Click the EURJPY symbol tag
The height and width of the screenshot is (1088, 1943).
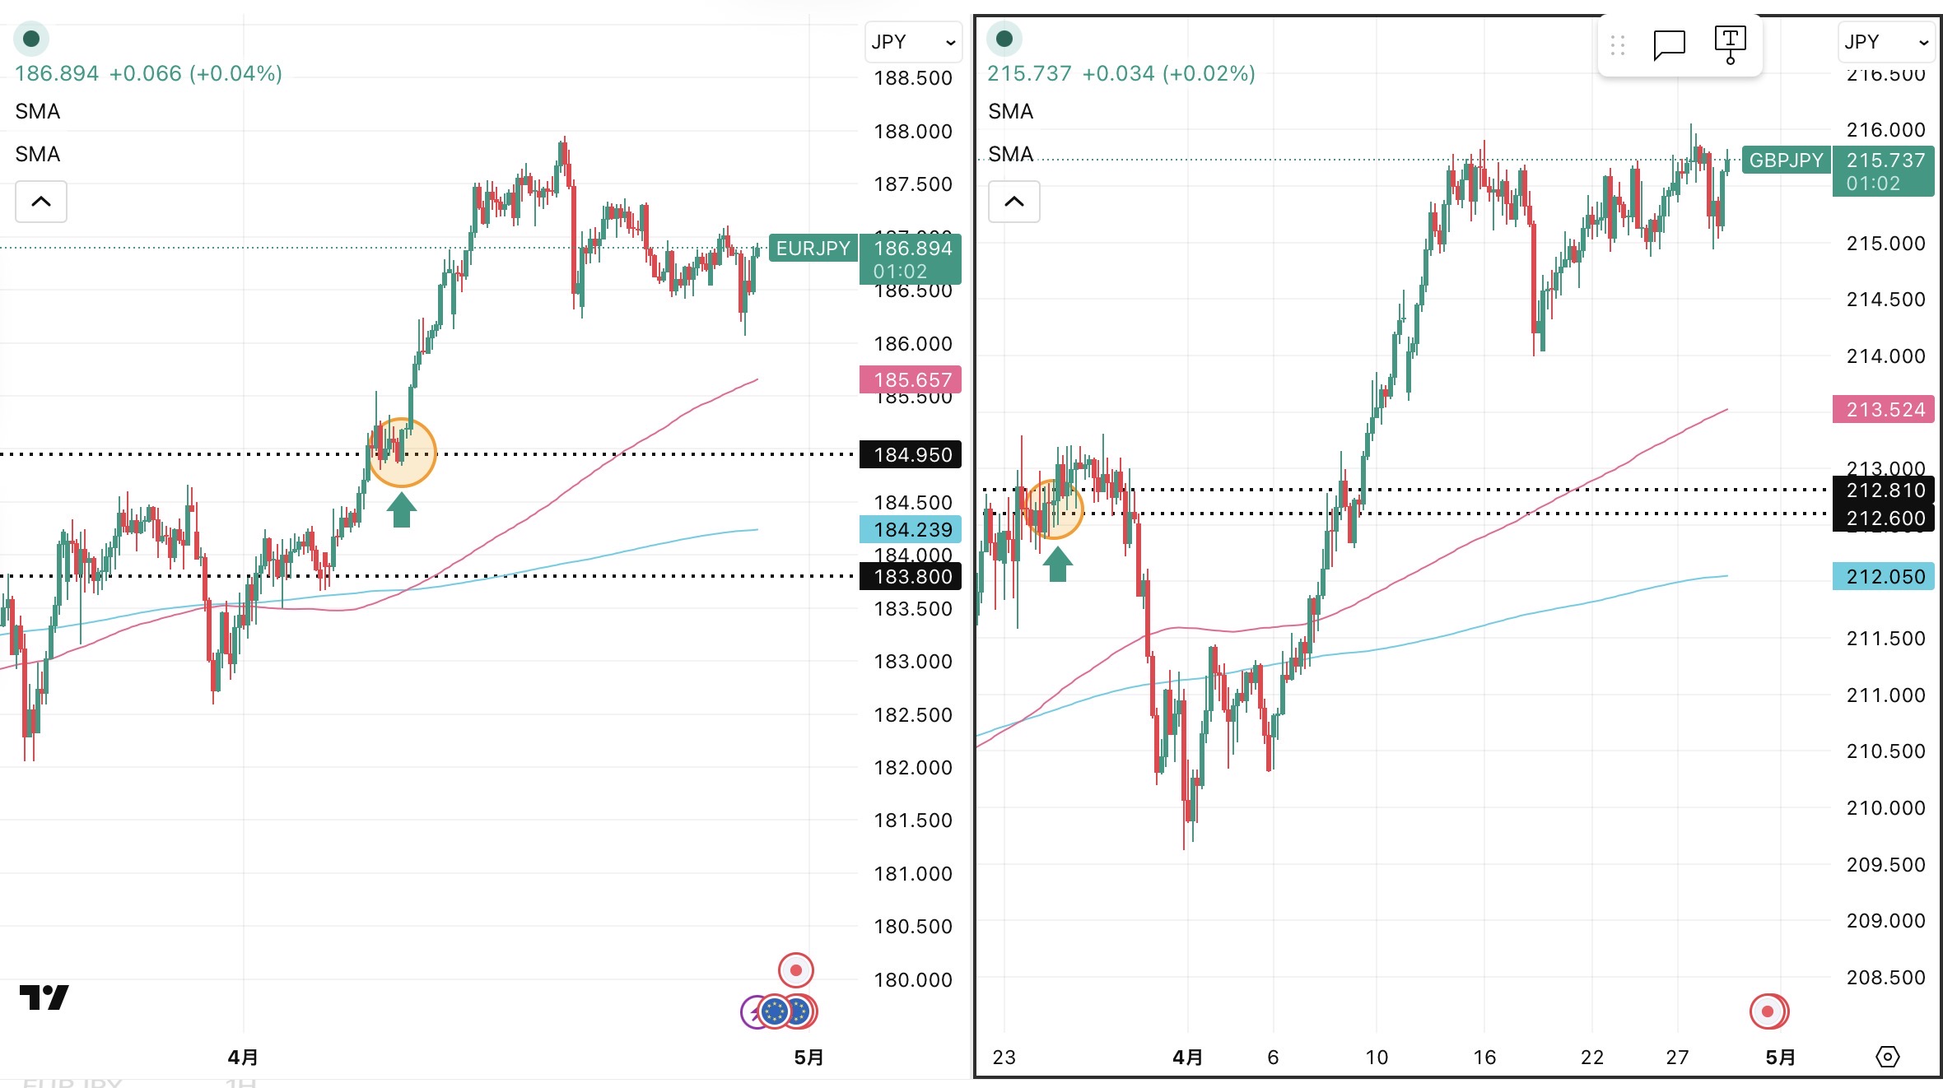pos(813,249)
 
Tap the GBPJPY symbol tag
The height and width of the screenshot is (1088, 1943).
pos(1786,160)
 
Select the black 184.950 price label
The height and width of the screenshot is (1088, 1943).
pos(911,454)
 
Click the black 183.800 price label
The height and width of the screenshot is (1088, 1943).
pos(911,576)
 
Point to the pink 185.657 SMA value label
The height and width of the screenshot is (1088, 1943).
pos(911,379)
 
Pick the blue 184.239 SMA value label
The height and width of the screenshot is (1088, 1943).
pos(911,529)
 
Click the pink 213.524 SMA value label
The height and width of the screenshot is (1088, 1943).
pos(1884,410)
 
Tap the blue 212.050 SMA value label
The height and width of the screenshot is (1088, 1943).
pos(1884,576)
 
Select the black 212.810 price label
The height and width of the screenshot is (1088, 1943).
pos(1884,491)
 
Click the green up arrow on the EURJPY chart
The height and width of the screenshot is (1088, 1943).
pos(402,509)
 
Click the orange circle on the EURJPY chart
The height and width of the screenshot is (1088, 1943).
pos(402,453)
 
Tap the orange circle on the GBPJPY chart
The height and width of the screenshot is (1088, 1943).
pos(1054,509)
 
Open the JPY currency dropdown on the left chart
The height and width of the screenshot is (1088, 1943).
pos(913,42)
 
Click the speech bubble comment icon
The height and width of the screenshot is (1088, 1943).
pos(1669,44)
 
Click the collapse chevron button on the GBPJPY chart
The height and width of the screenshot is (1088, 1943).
pos(1014,202)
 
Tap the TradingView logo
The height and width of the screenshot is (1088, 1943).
pos(44,997)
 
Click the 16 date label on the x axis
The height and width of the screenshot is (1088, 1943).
pos(1484,1057)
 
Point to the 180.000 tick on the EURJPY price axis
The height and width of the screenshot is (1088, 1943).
pos(912,979)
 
